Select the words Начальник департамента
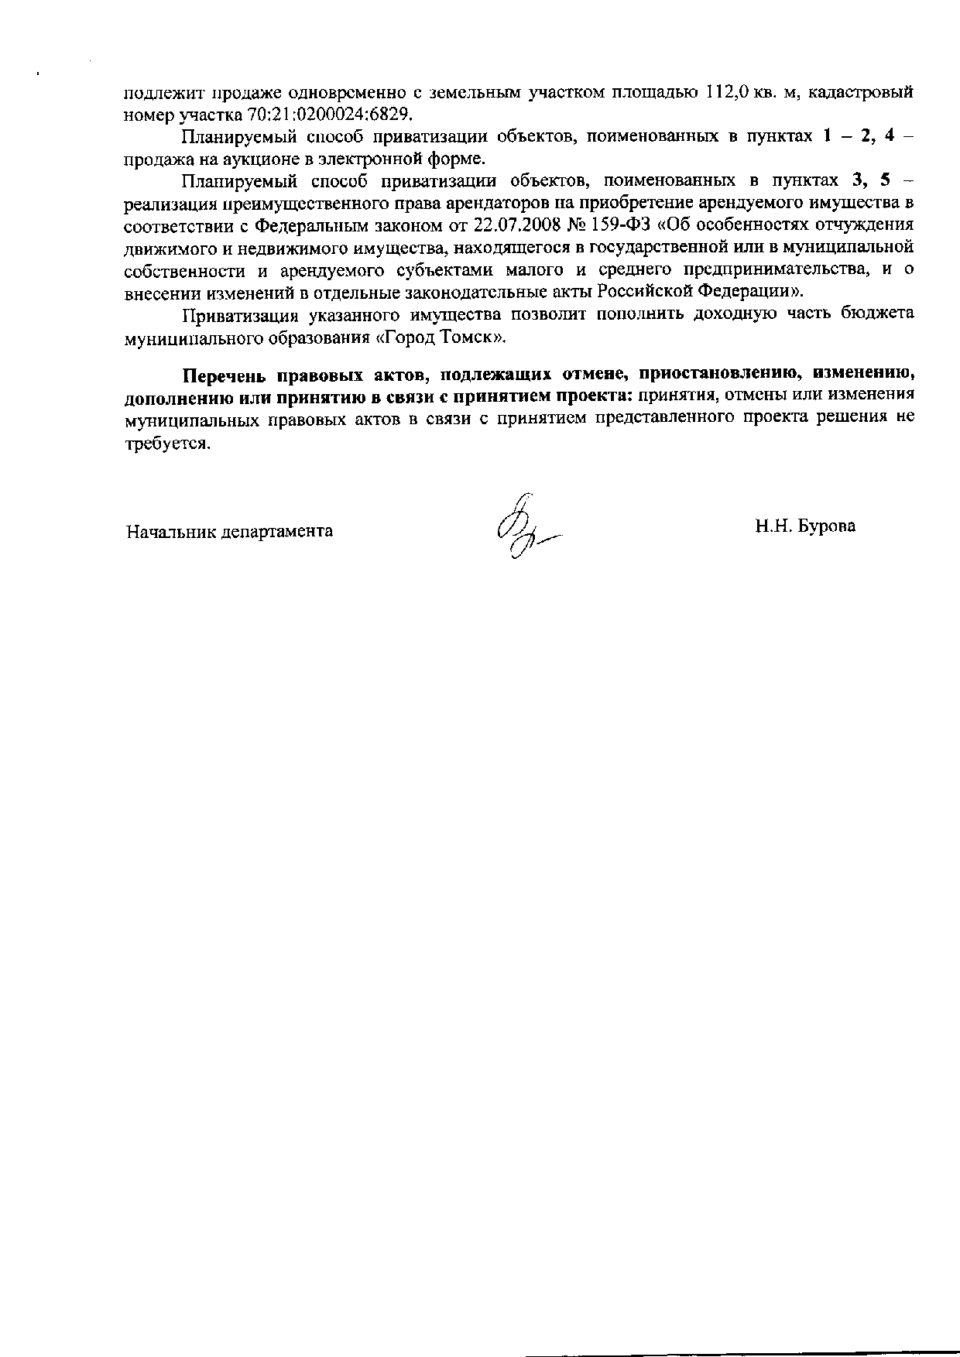(x=230, y=532)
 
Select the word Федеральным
(x=310, y=225)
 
